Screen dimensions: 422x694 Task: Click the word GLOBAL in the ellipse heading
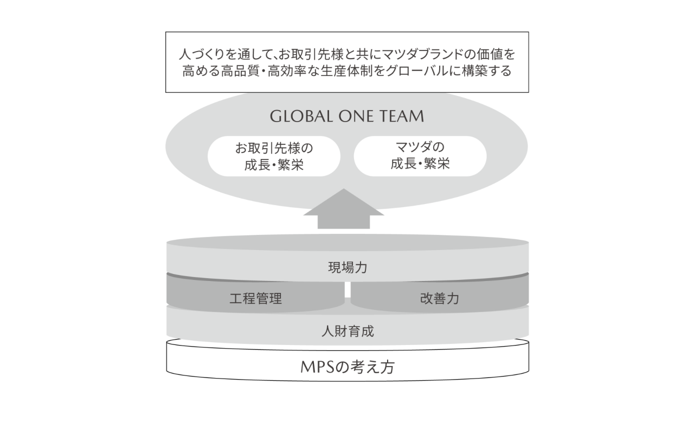295,117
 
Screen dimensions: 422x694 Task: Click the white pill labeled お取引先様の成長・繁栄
274,156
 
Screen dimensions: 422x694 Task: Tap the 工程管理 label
256,298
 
